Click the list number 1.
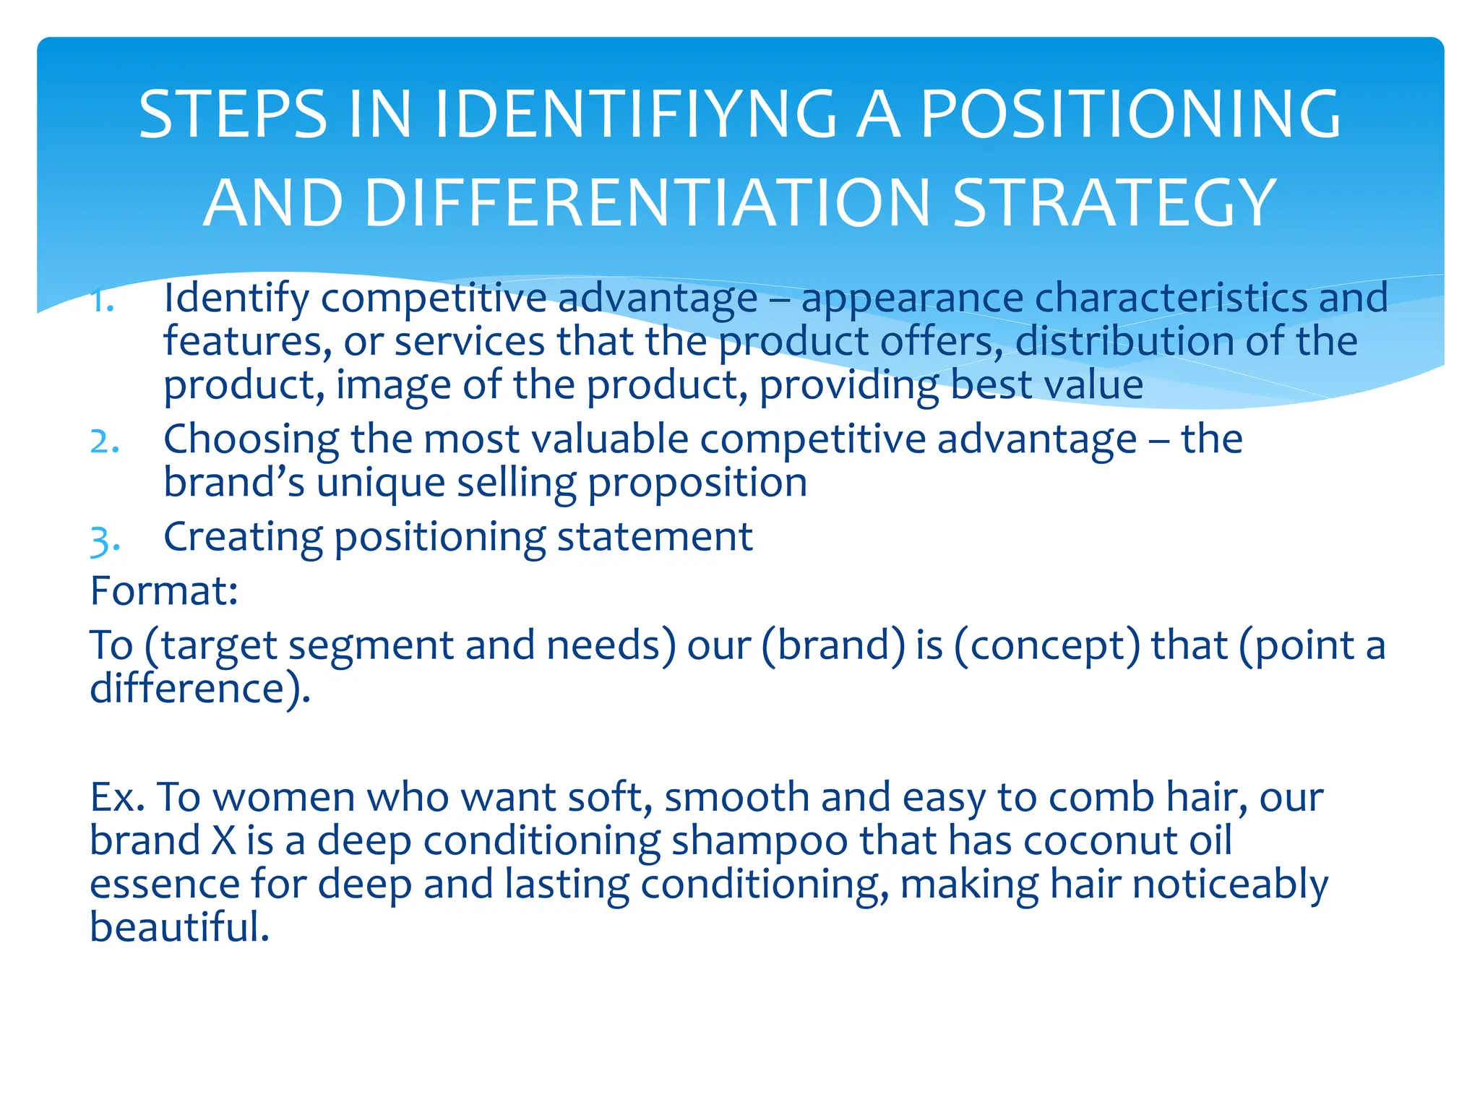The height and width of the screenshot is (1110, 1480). (x=103, y=301)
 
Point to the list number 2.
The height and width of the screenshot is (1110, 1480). (x=105, y=442)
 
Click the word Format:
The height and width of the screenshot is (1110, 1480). (x=164, y=590)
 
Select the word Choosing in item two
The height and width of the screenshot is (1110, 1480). (x=251, y=440)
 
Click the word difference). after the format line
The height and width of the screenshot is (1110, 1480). (x=200, y=688)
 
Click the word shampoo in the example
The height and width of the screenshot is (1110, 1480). (x=759, y=842)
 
